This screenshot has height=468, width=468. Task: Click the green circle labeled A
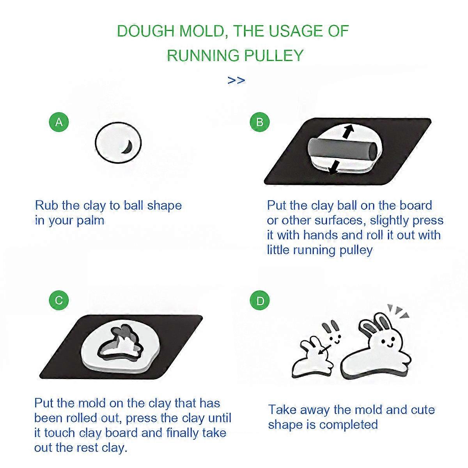(59, 122)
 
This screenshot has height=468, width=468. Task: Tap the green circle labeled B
(260, 122)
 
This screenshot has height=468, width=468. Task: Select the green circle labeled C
(59, 300)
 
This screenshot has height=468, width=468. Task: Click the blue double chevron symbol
(236, 80)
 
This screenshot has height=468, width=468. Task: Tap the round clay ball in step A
(118, 143)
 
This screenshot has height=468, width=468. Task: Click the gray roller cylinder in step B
(343, 149)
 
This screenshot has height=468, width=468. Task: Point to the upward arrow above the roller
(348, 132)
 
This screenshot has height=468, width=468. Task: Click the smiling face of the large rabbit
(386, 343)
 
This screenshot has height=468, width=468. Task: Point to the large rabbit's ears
(376, 324)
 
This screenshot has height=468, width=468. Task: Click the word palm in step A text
(90, 221)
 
